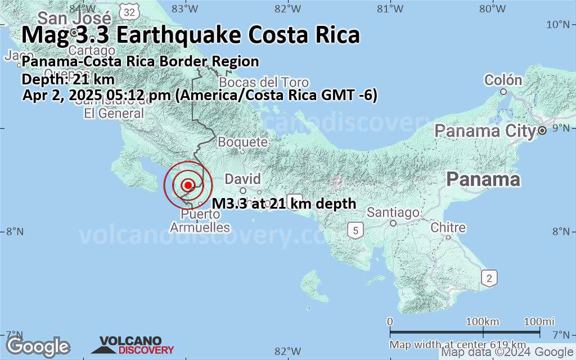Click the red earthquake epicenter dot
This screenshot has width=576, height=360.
click(x=188, y=185)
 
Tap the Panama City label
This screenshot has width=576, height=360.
click(x=485, y=131)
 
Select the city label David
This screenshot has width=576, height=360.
click(x=243, y=179)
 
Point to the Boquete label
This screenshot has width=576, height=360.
click(x=242, y=142)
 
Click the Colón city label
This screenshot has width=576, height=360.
click(x=503, y=80)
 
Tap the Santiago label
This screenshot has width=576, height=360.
click(x=393, y=213)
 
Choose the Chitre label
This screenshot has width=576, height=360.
click(x=448, y=228)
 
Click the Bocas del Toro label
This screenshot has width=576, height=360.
click(x=264, y=82)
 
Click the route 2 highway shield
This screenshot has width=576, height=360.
click(x=490, y=277)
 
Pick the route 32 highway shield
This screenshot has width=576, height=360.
click(x=130, y=11)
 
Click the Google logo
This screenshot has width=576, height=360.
click(x=38, y=346)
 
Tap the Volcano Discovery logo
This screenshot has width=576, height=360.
click(x=136, y=345)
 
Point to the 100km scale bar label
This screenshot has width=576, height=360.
click(x=483, y=321)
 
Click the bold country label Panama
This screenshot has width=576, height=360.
click(x=483, y=180)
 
